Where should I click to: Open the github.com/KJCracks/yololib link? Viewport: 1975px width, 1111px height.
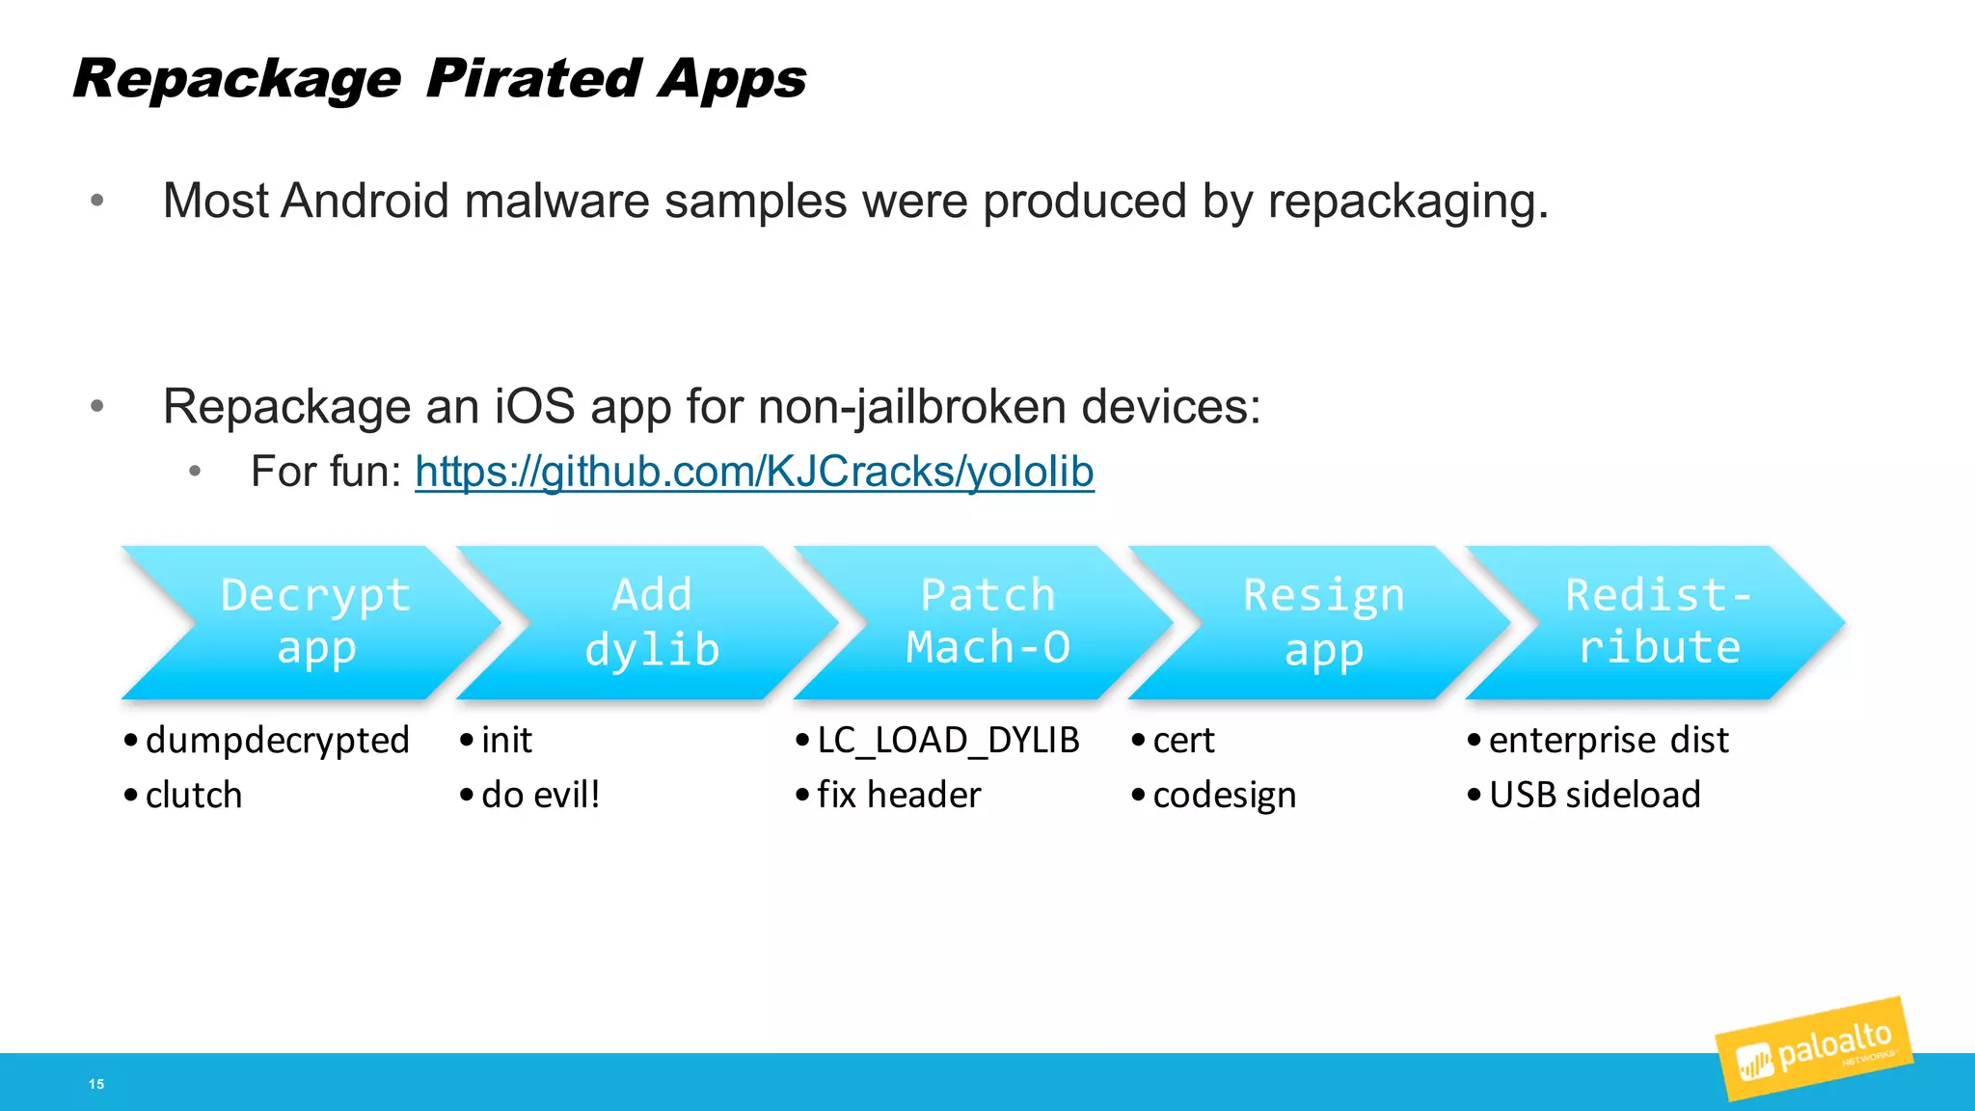click(754, 472)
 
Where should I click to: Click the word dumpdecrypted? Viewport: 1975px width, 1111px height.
click(278, 741)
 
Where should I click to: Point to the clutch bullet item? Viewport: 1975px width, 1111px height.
click(194, 796)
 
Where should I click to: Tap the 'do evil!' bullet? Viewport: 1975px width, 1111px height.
click(540, 796)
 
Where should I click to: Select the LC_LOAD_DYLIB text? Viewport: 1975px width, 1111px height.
click(948, 741)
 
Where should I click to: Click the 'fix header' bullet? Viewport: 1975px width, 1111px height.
click(899, 796)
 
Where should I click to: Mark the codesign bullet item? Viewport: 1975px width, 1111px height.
click(1224, 796)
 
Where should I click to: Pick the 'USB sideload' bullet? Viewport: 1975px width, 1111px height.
click(1594, 796)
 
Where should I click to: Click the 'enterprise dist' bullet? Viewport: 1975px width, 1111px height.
click(1608, 741)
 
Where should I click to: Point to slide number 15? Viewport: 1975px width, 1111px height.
click(96, 1084)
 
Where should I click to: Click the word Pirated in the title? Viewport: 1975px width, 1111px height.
click(533, 79)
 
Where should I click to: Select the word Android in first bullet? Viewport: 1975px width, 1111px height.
click(365, 202)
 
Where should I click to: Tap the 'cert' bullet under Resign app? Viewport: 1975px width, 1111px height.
click(1183, 741)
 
